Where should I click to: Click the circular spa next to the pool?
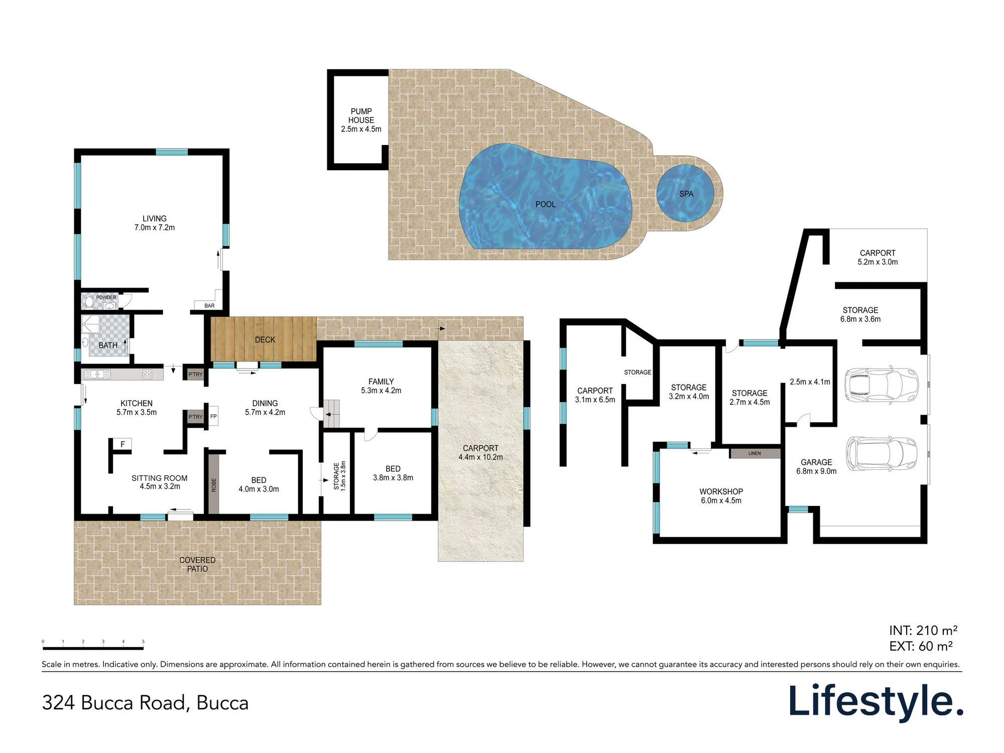pos(685,193)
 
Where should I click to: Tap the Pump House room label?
pos(361,120)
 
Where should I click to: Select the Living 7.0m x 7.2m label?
pos(155,223)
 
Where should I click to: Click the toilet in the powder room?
pos(89,302)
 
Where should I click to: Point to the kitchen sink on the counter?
pos(97,374)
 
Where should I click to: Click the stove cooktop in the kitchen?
pos(147,374)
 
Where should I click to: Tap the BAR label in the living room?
pos(209,306)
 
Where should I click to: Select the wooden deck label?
pos(265,340)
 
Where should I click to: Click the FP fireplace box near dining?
pos(213,416)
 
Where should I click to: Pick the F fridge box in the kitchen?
pos(122,444)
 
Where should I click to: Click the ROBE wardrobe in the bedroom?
pos(214,484)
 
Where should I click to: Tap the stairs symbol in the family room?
pos(331,414)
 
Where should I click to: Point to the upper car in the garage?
pos(881,385)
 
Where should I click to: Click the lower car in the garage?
pos(882,454)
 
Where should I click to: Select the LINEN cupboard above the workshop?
pos(755,453)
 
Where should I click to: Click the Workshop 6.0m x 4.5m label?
pos(721,496)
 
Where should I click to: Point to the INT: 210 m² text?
pos(923,631)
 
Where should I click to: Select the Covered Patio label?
pos(197,564)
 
